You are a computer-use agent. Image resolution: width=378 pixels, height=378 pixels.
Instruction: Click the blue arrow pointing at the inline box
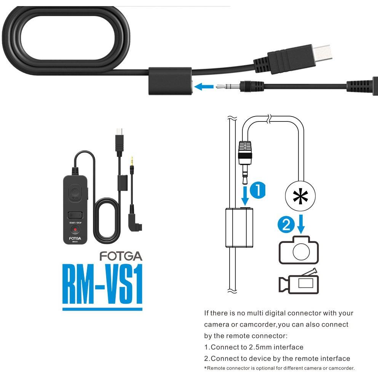[204, 86]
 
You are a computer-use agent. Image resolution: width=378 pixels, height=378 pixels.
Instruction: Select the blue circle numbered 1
[257, 190]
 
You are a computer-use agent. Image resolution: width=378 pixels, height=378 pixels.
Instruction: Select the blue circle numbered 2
[286, 225]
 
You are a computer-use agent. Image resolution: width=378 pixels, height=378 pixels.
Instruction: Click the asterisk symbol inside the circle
[300, 196]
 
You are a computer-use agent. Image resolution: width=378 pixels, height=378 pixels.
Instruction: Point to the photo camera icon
[299, 250]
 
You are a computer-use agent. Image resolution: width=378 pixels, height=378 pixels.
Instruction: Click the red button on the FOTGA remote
[75, 230]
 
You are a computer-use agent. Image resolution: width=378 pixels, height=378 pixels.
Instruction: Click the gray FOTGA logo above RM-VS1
[121, 256]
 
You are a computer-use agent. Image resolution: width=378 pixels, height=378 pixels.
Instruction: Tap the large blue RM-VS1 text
[102, 284]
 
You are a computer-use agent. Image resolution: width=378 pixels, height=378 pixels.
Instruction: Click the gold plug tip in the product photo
[132, 161]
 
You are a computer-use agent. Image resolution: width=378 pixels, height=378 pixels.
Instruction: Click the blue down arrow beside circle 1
[245, 195]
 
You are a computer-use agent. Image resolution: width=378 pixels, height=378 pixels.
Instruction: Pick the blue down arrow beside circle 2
[301, 224]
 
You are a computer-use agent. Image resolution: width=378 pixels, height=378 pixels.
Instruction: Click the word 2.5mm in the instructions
[260, 347]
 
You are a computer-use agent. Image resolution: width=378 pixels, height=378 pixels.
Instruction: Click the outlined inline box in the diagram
[239, 228]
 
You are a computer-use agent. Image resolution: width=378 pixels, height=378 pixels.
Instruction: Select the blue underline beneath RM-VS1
[102, 309]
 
